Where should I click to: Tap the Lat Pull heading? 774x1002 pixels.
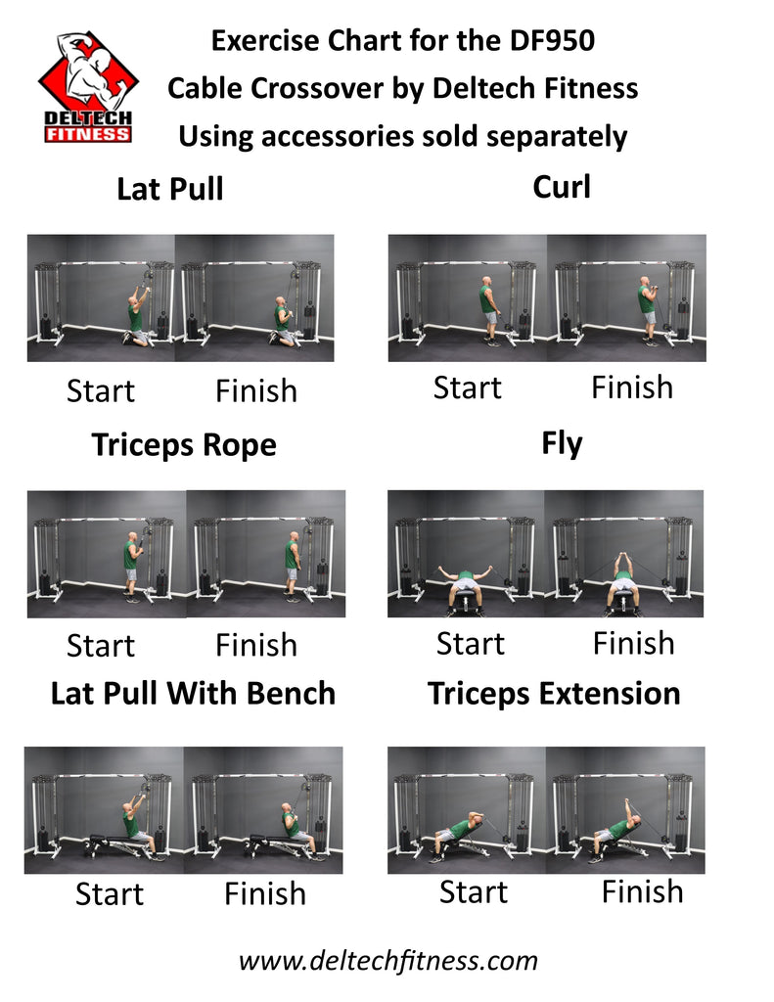(170, 189)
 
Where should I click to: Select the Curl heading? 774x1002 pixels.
(562, 186)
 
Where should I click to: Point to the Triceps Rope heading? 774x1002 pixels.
(184, 445)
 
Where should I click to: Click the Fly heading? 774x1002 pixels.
(562, 443)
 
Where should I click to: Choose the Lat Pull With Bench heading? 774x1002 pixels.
(193, 694)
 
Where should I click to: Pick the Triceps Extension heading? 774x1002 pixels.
(554, 694)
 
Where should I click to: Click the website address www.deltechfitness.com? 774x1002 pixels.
(388, 960)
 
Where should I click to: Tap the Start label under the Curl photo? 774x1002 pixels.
(468, 387)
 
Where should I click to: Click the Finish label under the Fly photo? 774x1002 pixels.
(633, 643)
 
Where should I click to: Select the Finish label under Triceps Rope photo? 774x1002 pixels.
(256, 645)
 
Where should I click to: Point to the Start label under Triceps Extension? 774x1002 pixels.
(474, 891)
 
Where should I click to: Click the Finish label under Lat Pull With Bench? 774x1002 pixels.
(265, 893)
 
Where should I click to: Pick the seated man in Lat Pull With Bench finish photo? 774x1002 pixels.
(291, 825)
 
